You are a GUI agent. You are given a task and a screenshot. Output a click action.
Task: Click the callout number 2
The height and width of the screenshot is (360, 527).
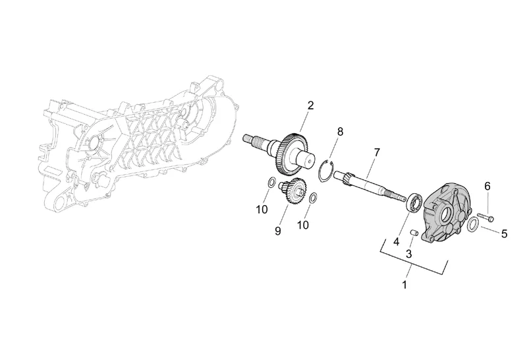[x=310, y=105]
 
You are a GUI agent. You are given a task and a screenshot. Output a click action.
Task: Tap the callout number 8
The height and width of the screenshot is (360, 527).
[x=340, y=132]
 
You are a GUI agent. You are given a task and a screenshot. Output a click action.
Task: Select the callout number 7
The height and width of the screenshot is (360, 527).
[x=376, y=152]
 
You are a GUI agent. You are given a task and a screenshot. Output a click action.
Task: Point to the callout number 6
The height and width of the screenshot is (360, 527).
[x=487, y=187]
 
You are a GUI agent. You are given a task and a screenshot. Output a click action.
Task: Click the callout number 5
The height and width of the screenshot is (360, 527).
[x=504, y=233]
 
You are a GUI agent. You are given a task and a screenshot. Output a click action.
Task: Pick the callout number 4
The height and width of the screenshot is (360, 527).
[x=397, y=241]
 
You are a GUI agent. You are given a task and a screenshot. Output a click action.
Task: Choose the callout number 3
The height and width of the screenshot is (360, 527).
[x=409, y=253]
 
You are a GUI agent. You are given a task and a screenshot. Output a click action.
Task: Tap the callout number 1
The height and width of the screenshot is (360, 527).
[x=404, y=285]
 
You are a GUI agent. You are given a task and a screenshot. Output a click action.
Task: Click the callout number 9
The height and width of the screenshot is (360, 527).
[x=278, y=231]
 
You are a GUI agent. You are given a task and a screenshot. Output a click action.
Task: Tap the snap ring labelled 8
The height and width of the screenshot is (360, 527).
[x=325, y=172]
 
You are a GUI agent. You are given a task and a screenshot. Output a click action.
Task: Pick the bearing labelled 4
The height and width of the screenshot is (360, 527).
[x=414, y=200]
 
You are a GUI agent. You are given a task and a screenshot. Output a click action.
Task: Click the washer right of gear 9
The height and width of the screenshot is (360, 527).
[x=314, y=197]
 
